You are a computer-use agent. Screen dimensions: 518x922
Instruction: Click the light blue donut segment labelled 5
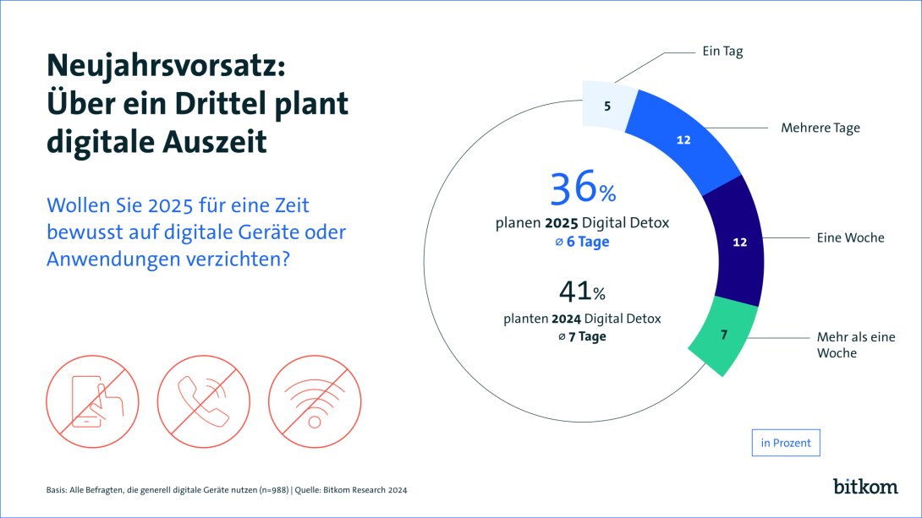click(x=606, y=107)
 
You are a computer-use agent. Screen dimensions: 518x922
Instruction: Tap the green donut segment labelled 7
click(x=721, y=335)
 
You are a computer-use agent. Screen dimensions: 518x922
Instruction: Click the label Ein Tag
click(x=722, y=52)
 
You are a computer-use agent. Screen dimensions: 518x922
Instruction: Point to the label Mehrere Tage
click(x=820, y=128)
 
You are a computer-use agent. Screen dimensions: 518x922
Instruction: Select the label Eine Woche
click(x=850, y=237)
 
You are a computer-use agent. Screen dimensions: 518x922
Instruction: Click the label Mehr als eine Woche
click(x=854, y=345)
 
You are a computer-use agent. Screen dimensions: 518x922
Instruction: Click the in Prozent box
click(x=786, y=443)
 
